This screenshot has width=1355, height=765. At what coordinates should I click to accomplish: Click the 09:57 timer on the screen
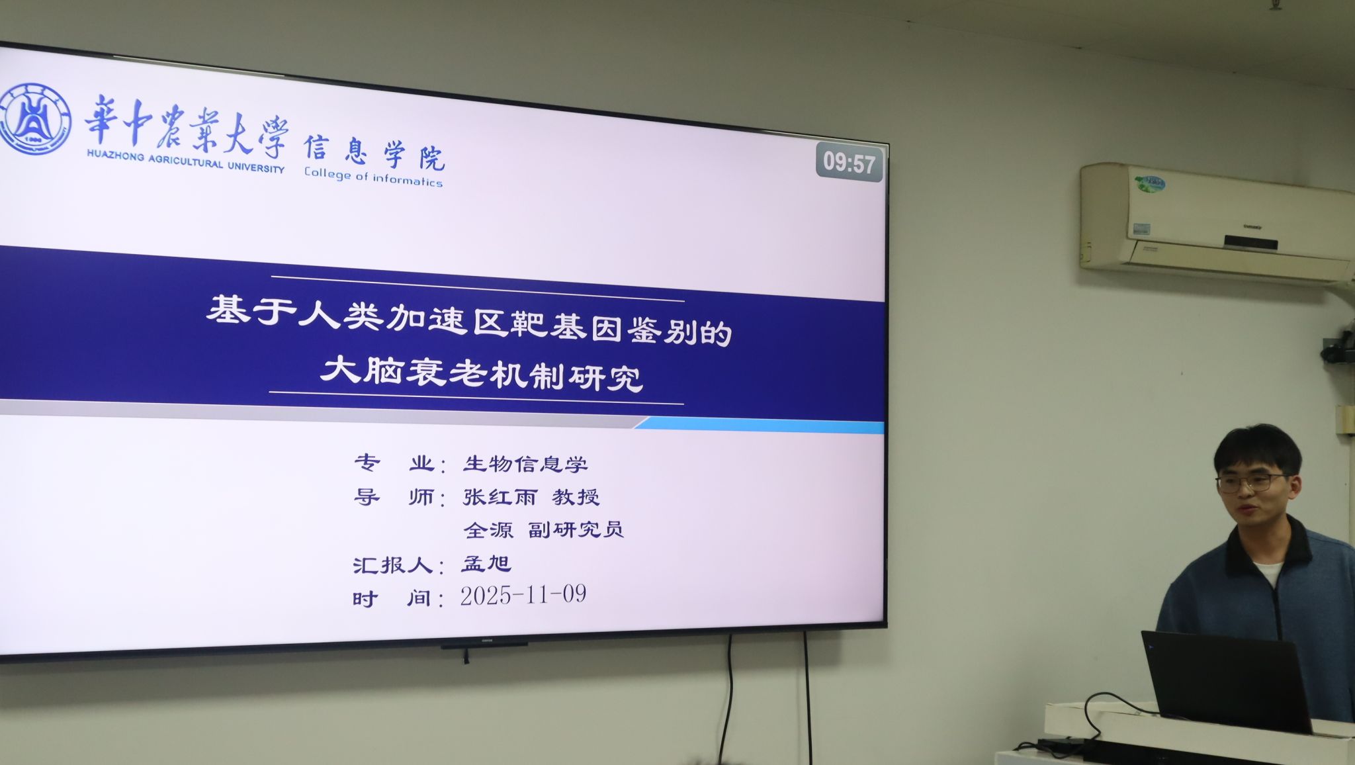pos(849,162)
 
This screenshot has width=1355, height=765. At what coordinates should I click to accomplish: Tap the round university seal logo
pos(34,119)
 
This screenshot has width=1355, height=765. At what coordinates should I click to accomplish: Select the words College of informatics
pos(373,177)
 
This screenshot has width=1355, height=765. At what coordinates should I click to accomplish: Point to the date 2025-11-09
pos(523,595)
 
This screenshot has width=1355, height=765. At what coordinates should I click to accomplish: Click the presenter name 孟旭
pos(486,563)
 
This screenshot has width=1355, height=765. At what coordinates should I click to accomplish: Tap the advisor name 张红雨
pos(500,496)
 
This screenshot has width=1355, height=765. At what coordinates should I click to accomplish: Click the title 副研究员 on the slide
pos(576,529)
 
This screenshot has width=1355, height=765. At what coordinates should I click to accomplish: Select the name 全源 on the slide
pos(488,529)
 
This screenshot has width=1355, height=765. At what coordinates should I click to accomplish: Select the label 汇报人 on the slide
pos(392,565)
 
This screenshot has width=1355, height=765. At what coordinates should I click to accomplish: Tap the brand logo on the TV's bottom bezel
pos(486,640)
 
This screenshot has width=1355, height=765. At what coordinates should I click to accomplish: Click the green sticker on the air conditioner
pos(1149,184)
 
